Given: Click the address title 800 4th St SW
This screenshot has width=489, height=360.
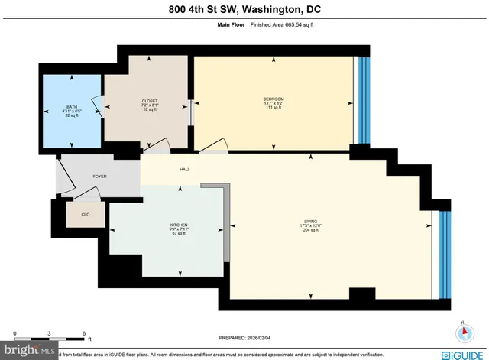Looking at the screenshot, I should pyautogui.click(x=244, y=10).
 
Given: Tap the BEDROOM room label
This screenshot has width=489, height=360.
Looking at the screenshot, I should pyautogui.click(x=274, y=99).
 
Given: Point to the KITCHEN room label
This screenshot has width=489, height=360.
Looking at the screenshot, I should pyautogui.click(x=179, y=225).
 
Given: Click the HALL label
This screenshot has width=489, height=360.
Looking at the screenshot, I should pyautogui.click(x=185, y=170).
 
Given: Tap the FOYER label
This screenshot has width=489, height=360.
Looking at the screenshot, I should pyautogui.click(x=99, y=177).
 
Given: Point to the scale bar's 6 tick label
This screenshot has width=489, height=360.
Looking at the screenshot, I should pyautogui.click(x=84, y=334).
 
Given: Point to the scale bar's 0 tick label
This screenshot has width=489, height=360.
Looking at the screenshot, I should pyautogui.click(x=15, y=334).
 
